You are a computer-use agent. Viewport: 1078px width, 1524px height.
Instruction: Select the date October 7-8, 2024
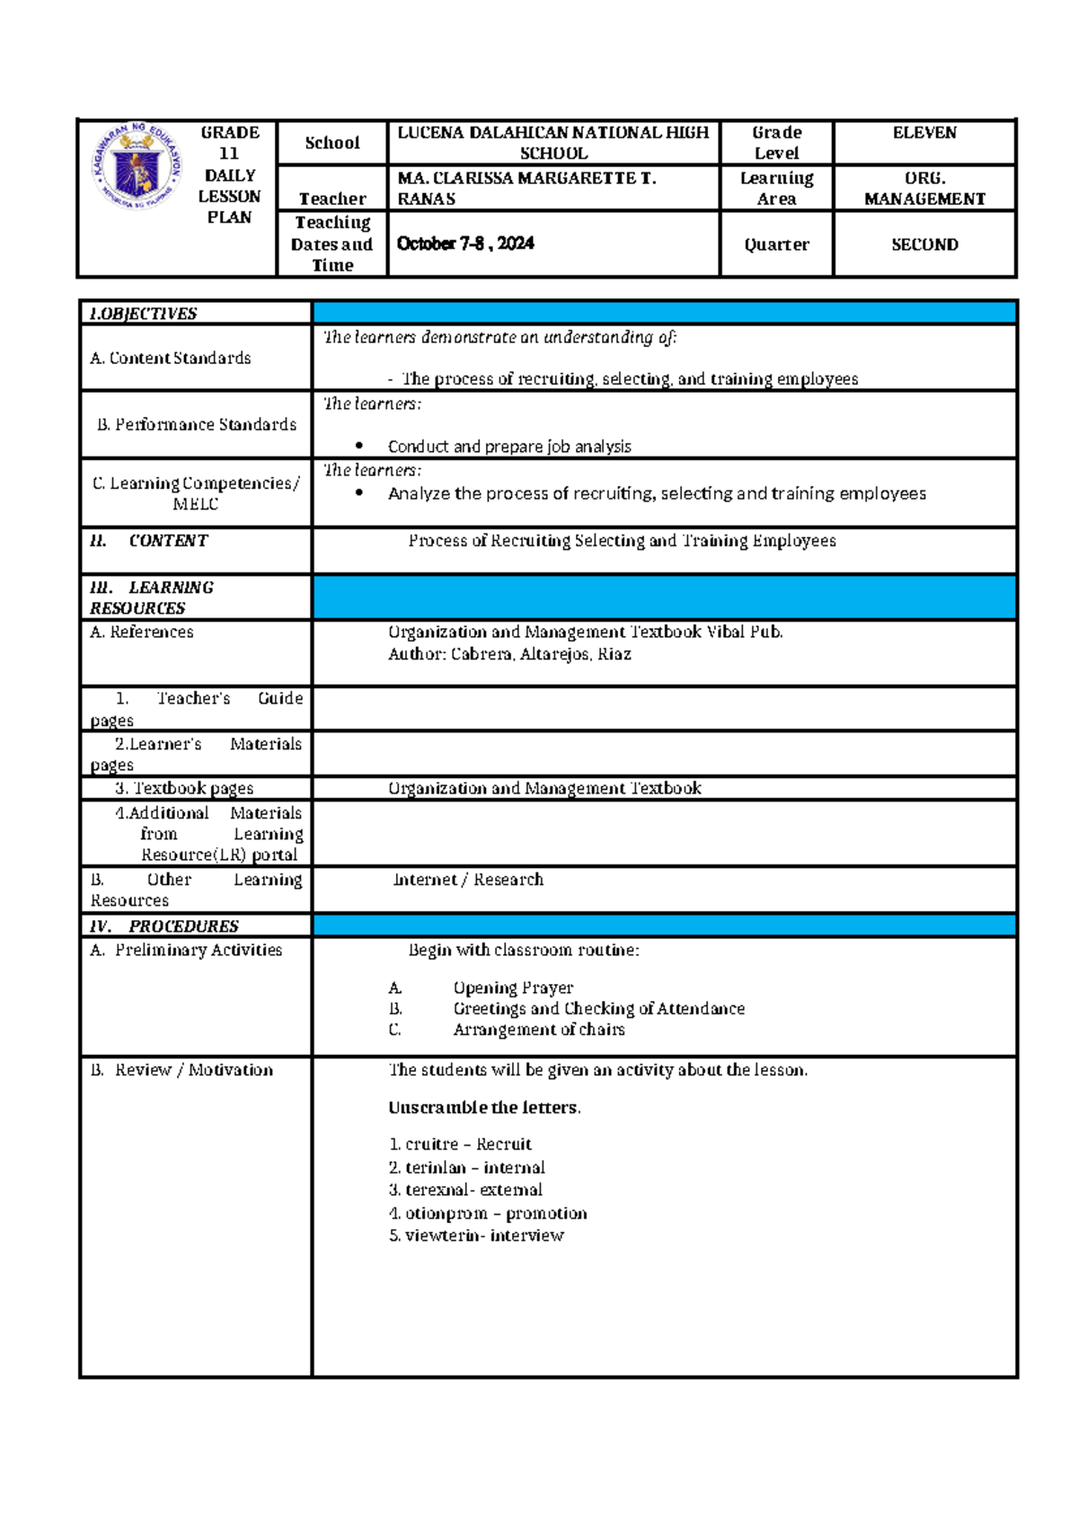[x=465, y=244]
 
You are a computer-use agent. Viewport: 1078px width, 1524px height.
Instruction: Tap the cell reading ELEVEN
[x=924, y=133]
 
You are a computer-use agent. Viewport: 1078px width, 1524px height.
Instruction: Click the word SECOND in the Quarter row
[x=924, y=244]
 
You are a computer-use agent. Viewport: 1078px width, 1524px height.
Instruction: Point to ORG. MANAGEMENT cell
[x=924, y=189]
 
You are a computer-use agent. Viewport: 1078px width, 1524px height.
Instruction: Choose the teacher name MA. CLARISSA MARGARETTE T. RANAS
[x=526, y=189]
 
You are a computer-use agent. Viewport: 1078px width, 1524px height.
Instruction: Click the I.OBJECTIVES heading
[x=143, y=314]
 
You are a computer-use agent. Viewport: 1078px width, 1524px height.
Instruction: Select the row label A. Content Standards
[x=171, y=358]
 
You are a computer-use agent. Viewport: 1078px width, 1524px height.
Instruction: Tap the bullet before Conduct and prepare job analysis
[x=359, y=446]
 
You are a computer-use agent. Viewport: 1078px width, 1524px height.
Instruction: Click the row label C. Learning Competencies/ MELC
[x=196, y=493]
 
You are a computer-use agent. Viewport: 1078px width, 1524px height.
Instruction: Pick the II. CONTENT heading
[x=149, y=541]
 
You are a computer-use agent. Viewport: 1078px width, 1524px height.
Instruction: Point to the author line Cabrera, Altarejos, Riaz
[x=509, y=654]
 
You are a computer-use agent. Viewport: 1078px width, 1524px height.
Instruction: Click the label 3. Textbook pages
[x=184, y=788]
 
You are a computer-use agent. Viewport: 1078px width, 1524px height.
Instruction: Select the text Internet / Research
[x=468, y=880]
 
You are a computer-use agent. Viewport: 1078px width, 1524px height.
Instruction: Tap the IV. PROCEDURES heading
[x=164, y=926]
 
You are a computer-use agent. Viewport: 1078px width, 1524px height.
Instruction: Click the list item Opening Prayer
[x=513, y=988]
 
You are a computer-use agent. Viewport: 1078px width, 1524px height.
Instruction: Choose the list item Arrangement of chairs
[x=538, y=1030]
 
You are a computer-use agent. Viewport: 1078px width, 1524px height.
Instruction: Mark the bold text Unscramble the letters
[x=484, y=1108]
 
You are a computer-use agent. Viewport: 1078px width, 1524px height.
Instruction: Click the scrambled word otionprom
[x=446, y=1213]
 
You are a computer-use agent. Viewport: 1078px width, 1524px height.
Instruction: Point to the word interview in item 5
[x=526, y=1236]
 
